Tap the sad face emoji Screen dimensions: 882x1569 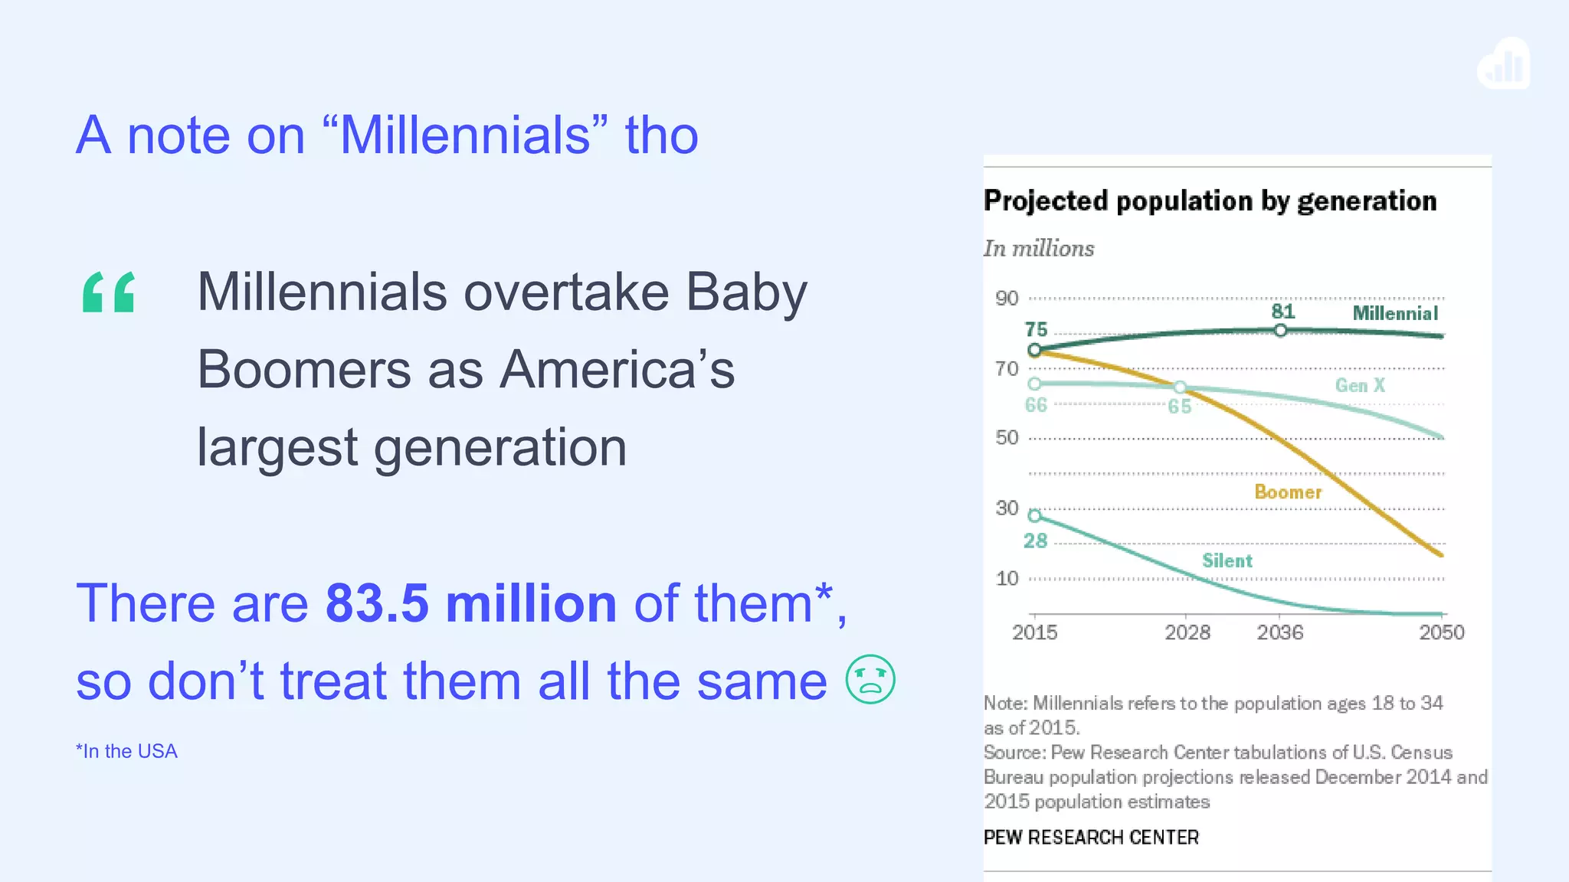(870, 679)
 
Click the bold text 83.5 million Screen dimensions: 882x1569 (470, 603)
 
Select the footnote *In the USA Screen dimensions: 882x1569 (126, 751)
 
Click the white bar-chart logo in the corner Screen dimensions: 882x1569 (1504, 64)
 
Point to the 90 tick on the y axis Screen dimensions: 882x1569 (1007, 299)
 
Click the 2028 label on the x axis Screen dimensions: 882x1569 (1187, 632)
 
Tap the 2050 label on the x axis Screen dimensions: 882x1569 (1441, 632)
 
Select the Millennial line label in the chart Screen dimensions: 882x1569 (1394, 313)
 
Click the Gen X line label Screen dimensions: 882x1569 (1360, 385)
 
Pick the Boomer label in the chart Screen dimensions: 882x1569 (1288, 492)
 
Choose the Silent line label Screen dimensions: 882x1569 (1227, 560)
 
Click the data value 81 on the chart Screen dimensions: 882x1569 (1282, 312)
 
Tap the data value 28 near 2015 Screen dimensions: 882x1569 (1035, 541)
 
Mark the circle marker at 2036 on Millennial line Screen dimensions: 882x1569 (1280, 331)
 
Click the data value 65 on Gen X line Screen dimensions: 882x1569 (1179, 407)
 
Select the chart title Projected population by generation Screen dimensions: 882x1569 (1210, 201)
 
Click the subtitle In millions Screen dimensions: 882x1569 (1038, 249)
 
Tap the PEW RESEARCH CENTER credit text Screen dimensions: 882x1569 (1090, 838)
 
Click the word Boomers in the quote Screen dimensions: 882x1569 (303, 370)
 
